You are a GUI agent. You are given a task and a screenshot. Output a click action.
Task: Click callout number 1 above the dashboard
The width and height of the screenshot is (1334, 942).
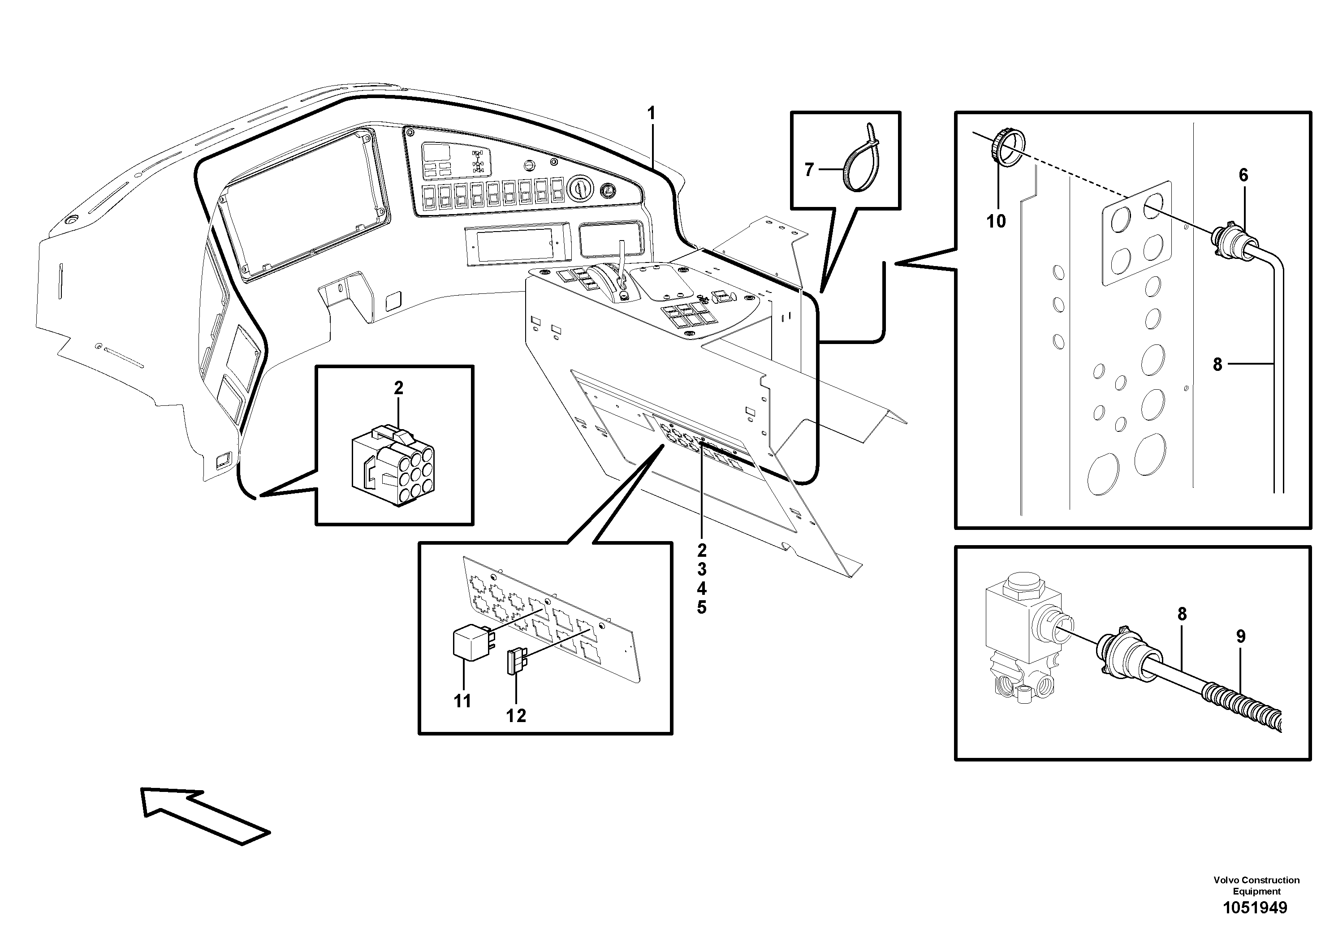(x=651, y=113)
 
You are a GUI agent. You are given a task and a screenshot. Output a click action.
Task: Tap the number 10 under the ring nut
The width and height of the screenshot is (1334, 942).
(x=996, y=221)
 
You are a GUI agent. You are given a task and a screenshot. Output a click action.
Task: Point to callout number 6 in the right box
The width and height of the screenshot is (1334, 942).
(x=1243, y=175)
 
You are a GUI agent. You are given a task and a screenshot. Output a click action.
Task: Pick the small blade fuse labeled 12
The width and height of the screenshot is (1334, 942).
(x=515, y=662)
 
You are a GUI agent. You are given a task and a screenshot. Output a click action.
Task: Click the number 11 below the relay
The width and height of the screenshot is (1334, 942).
(x=462, y=701)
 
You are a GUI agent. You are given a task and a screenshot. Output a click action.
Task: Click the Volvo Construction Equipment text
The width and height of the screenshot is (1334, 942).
(x=1256, y=886)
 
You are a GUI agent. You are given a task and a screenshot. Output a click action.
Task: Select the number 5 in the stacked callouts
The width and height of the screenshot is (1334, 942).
(x=702, y=608)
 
